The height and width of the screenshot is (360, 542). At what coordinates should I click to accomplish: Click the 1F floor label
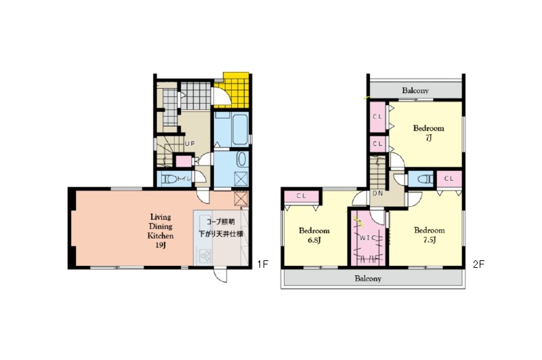pyautogui.click(x=263, y=264)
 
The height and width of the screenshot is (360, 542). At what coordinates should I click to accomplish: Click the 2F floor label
pyautogui.click(x=479, y=264)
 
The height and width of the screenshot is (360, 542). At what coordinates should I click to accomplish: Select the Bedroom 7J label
pyautogui.click(x=429, y=133)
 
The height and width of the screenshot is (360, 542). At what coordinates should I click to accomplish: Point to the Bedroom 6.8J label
pyautogui.click(x=314, y=235)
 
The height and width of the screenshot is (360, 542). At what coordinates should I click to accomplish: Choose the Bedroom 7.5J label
pyautogui.click(x=430, y=235)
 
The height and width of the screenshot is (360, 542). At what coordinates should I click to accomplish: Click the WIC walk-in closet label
pyautogui.click(x=367, y=238)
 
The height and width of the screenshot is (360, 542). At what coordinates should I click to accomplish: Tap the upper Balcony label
pyautogui.click(x=415, y=91)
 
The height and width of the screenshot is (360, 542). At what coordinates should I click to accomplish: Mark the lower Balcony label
pyautogui.click(x=368, y=279)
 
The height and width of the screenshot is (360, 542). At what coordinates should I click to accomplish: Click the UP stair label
pyautogui.click(x=190, y=144)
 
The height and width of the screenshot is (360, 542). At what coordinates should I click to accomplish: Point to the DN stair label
pyautogui.click(x=378, y=193)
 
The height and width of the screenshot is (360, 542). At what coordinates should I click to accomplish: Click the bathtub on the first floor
pyautogui.click(x=240, y=129)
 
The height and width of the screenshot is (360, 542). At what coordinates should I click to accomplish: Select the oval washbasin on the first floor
pyautogui.click(x=241, y=159)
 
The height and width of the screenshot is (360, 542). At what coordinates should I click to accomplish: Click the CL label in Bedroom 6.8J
pyautogui.click(x=301, y=196)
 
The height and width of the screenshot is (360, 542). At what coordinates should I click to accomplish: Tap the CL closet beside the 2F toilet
pyautogui.click(x=449, y=179)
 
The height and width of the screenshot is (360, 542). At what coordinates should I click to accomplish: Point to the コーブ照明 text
pyautogui.click(x=221, y=222)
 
